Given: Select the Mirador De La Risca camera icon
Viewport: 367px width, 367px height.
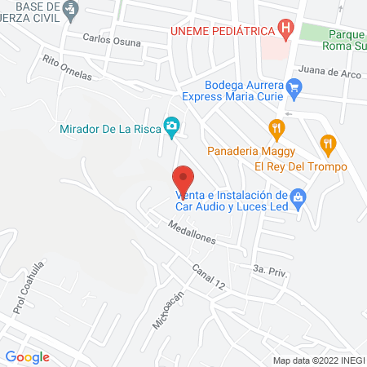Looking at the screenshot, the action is tap(171, 126).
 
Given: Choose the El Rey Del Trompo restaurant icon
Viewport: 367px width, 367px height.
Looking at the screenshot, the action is tap(328, 144).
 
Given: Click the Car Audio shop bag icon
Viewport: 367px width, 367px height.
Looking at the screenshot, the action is tap(298, 197).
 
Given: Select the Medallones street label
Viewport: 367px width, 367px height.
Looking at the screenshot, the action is tap(192, 232).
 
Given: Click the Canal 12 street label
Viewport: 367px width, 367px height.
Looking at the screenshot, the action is tap(209, 275).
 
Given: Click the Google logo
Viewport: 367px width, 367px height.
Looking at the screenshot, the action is tap(27, 356).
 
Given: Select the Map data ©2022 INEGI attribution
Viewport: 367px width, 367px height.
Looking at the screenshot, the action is tap(318, 360).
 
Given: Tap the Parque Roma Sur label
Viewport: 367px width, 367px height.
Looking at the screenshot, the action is tap(346, 41).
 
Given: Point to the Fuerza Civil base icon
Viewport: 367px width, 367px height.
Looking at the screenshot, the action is tap(72, 9).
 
